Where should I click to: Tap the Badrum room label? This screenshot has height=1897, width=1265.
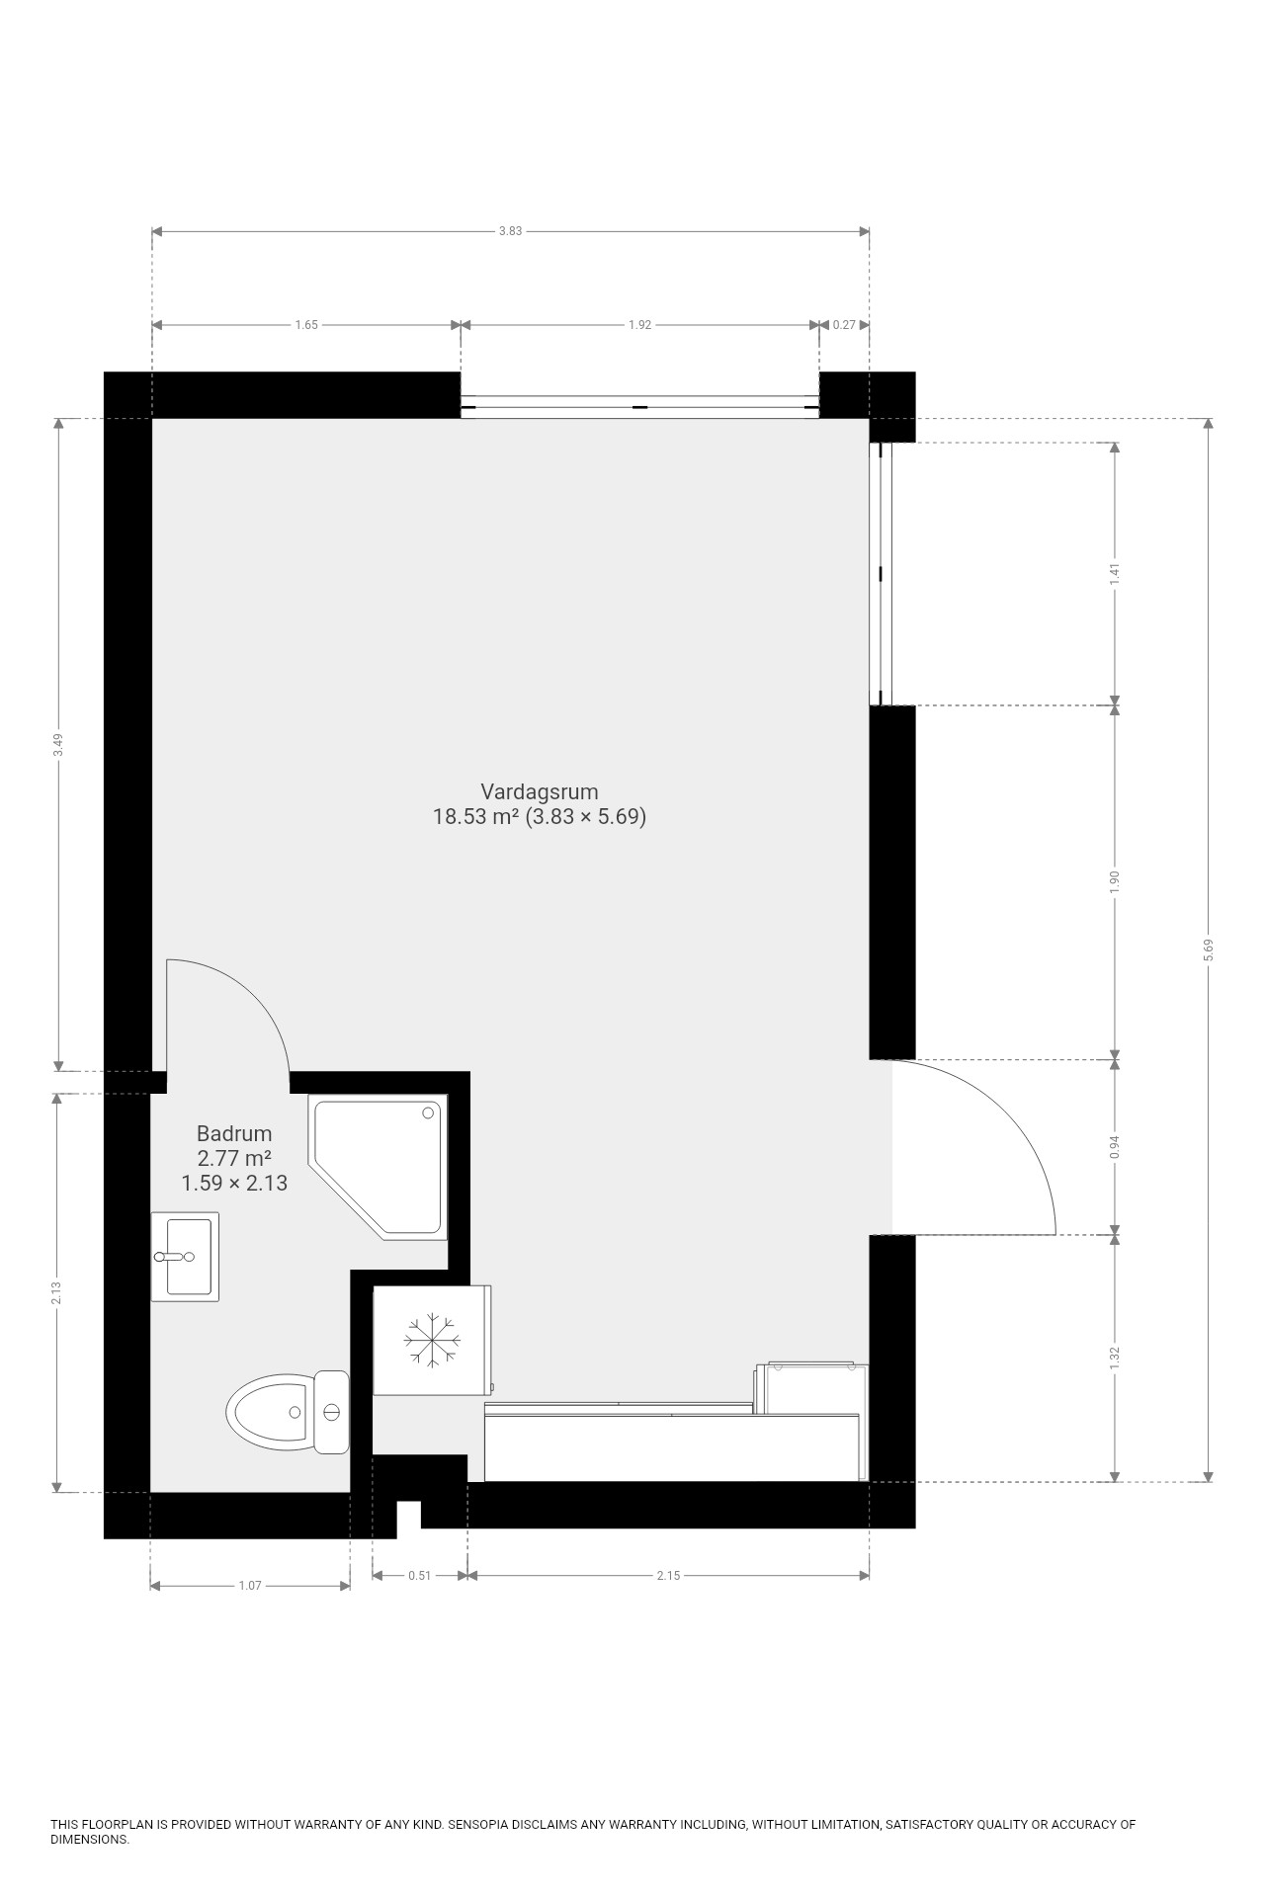coord(234,1133)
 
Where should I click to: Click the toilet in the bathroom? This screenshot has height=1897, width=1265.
coord(288,1413)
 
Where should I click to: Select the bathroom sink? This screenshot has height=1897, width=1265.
coord(185,1257)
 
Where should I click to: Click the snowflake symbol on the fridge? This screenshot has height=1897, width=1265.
coord(432,1341)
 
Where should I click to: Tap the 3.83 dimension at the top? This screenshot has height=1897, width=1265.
coord(510,231)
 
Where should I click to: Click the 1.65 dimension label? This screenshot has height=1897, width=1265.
coord(306,325)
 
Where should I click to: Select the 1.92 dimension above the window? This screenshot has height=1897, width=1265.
coord(640,325)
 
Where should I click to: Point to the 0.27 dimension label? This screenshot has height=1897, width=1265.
coord(845,325)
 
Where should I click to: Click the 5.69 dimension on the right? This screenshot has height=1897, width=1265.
coord(1209,950)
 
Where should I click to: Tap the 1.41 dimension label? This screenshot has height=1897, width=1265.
coord(1115,574)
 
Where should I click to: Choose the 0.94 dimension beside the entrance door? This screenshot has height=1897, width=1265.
coord(1115,1146)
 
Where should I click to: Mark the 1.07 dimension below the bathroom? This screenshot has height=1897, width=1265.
coord(250,1586)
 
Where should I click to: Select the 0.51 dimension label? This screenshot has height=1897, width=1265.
coord(420,1575)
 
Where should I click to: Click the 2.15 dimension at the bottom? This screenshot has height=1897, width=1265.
coord(668,1575)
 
